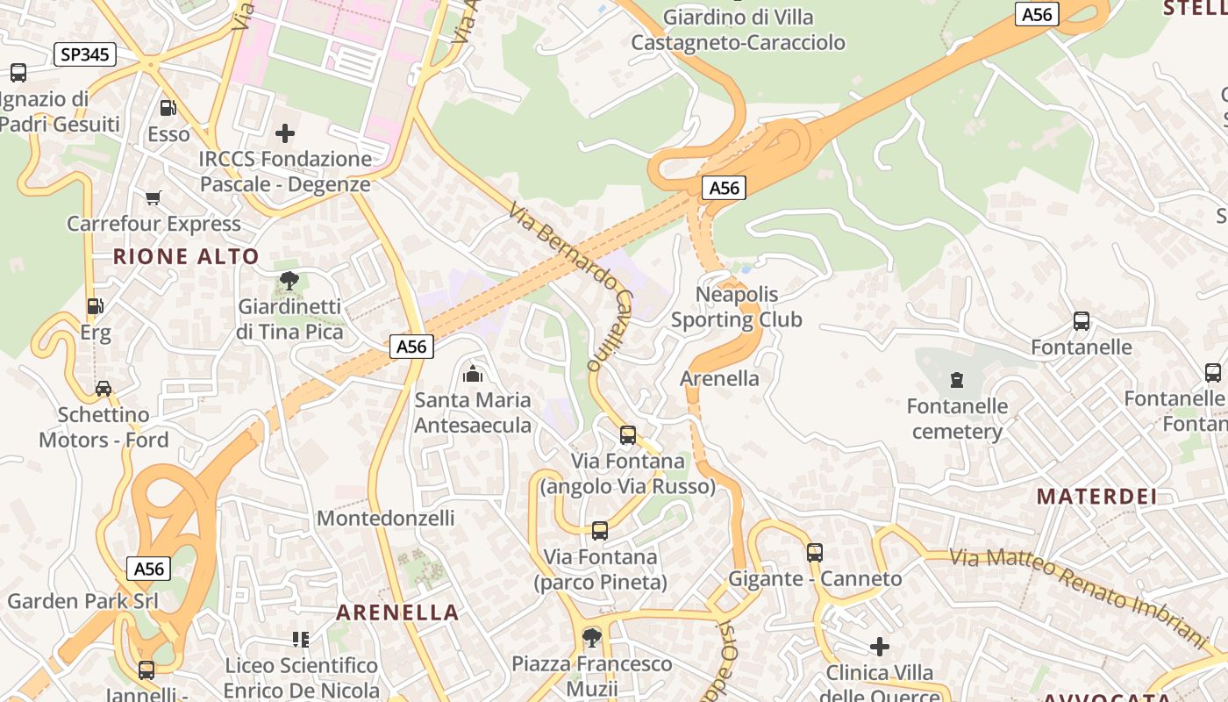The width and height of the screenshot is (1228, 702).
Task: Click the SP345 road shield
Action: [84, 54]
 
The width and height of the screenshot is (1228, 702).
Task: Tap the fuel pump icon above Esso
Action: [168, 107]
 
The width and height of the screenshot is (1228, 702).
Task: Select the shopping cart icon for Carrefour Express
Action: [153, 197]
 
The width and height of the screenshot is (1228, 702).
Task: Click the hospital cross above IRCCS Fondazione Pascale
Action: [285, 133]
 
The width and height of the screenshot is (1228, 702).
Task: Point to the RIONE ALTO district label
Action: [186, 256]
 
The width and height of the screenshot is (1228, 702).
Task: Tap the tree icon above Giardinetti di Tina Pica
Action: [289, 281]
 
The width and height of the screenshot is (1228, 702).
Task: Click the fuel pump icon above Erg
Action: [95, 306]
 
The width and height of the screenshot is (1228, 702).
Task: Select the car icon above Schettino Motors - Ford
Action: [104, 388]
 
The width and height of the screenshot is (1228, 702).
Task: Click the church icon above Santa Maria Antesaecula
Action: [473, 374]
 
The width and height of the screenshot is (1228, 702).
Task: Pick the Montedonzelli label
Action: [386, 518]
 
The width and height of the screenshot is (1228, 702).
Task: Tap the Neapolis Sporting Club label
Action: [737, 307]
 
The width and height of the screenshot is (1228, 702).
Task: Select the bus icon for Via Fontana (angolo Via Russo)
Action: [627, 434]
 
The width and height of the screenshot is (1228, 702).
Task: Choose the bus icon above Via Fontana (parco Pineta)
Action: [600, 530]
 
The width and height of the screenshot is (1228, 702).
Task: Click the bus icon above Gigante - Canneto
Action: [815, 552]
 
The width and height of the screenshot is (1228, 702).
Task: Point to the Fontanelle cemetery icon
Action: [956, 380]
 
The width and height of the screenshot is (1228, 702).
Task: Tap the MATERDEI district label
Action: [1096, 497]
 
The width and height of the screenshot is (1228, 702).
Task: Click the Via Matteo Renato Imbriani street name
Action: [1079, 592]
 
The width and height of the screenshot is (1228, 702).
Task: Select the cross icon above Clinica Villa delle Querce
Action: [880, 647]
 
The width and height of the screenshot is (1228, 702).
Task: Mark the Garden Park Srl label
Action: [82, 601]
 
